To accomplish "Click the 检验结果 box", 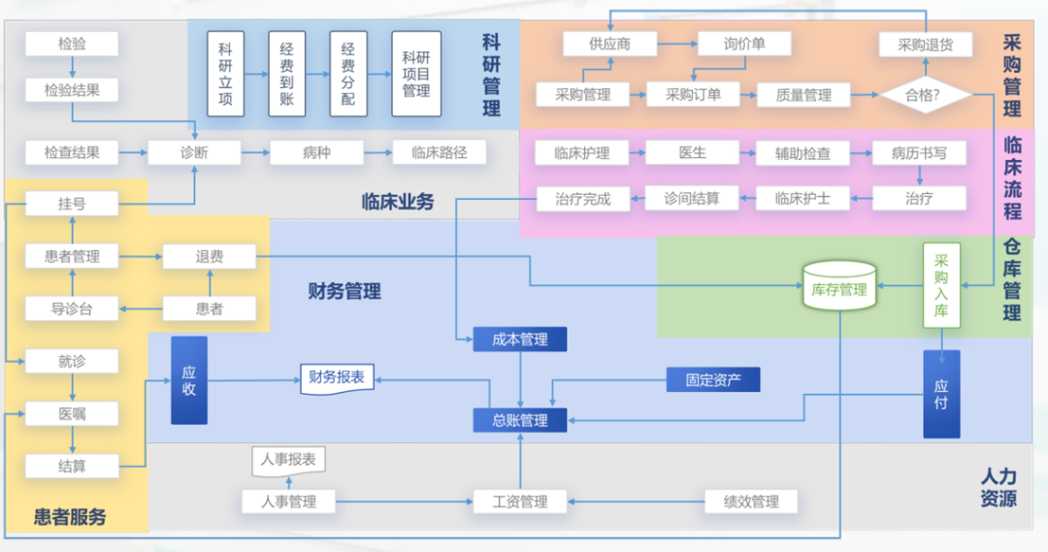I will pyautogui.click(x=72, y=90).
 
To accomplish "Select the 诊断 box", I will pyautogui.click(x=194, y=152).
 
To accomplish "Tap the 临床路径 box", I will pyautogui.click(x=439, y=152).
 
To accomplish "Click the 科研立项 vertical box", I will pyautogui.click(x=225, y=73).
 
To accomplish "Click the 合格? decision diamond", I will pyautogui.click(x=924, y=95).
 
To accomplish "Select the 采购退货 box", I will pyautogui.click(x=925, y=44).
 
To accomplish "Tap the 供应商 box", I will pyautogui.click(x=609, y=44).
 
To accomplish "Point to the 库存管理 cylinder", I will pyautogui.click(x=839, y=289).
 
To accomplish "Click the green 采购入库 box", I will pyautogui.click(x=941, y=287).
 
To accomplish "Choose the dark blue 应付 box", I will pyautogui.click(x=941, y=393).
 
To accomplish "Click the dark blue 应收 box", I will pyautogui.click(x=189, y=380).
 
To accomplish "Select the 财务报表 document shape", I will pyautogui.click(x=337, y=378).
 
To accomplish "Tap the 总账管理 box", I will pyautogui.click(x=520, y=420).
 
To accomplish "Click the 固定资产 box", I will pyautogui.click(x=713, y=379).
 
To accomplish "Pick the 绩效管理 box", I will pyautogui.click(x=751, y=502).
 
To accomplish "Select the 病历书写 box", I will pyautogui.click(x=919, y=152).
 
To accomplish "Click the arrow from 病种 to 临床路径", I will pyautogui.click(x=377, y=152).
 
